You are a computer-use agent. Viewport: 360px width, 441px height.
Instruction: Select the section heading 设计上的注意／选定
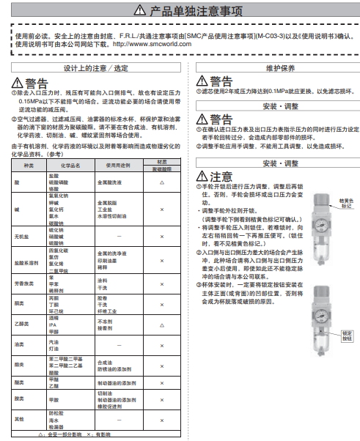(x=95, y=67)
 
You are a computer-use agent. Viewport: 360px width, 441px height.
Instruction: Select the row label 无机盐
(x=24, y=237)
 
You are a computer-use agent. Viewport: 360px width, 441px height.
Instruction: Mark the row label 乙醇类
(x=24, y=324)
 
